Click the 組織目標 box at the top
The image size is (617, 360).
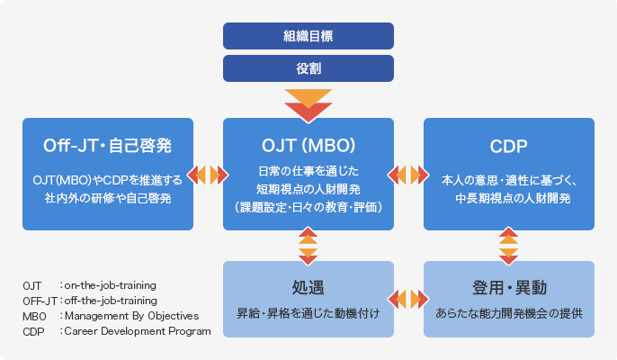(x=308, y=36)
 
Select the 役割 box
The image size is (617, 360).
(x=308, y=67)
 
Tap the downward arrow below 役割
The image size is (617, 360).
(x=308, y=103)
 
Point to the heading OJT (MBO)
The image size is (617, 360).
(x=308, y=145)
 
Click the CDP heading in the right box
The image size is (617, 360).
(x=508, y=145)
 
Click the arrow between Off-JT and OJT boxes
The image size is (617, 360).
(x=209, y=175)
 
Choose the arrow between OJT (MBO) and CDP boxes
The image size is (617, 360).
(x=409, y=175)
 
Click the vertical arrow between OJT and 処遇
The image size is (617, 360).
(x=308, y=246)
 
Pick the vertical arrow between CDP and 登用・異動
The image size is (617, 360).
(x=509, y=246)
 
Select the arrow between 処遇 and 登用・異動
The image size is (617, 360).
(x=409, y=298)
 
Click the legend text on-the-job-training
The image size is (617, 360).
(x=110, y=285)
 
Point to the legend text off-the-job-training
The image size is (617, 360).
(x=110, y=301)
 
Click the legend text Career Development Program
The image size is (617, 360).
(x=136, y=331)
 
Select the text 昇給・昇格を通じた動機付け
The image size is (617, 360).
(x=308, y=314)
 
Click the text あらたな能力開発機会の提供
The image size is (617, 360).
(x=508, y=314)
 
